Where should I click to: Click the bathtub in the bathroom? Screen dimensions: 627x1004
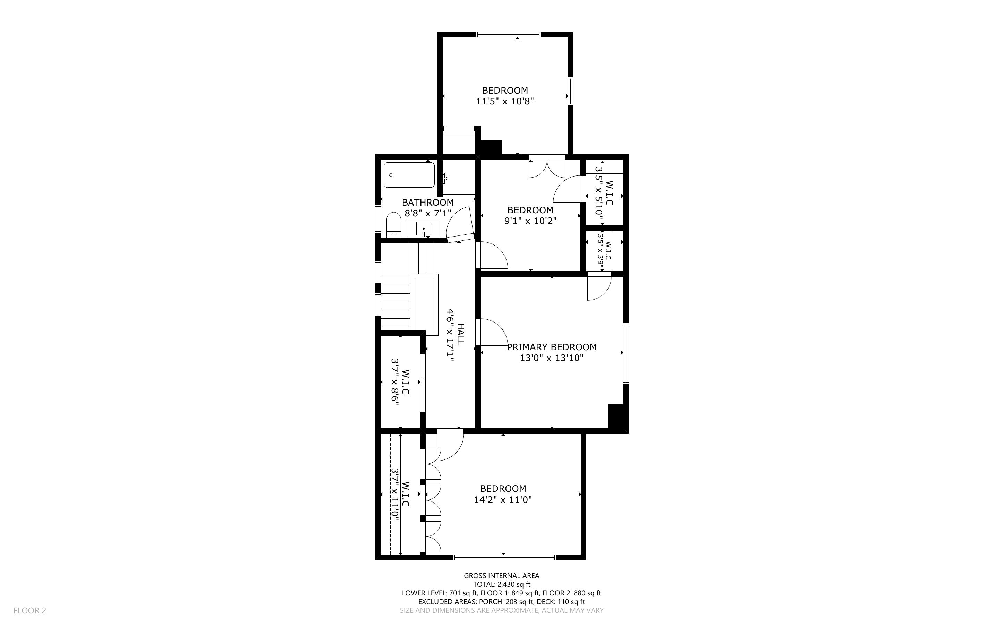(x=409, y=175)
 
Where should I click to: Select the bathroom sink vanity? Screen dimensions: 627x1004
(x=423, y=229)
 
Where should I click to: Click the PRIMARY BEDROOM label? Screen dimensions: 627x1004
(x=552, y=347)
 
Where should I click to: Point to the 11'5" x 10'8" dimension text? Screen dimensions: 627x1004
(x=504, y=101)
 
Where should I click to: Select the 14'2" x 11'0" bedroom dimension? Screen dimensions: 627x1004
(x=503, y=500)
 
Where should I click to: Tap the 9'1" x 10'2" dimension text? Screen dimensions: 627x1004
(x=530, y=221)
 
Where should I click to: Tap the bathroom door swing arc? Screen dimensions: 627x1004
(x=459, y=224)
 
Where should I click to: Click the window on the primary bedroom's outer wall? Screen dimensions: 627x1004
(x=626, y=353)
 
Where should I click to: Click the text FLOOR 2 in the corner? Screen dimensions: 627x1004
(x=30, y=610)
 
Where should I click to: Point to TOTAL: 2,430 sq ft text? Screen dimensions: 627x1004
(x=501, y=584)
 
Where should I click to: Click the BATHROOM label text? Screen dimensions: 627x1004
(x=427, y=203)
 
